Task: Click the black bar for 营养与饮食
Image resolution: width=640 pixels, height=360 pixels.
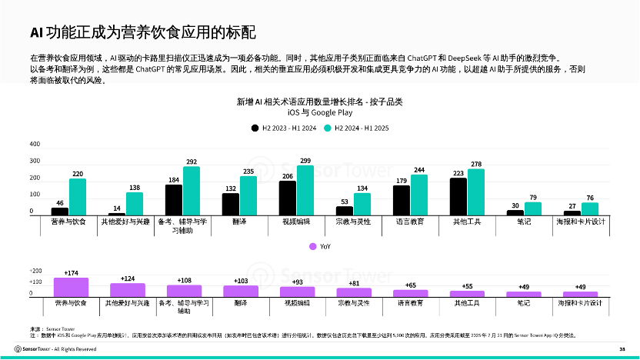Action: (60, 211)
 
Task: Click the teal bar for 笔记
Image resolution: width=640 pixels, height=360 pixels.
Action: (533, 208)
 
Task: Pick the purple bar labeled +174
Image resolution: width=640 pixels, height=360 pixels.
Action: (71, 287)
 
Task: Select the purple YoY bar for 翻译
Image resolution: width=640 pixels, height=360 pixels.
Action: (241, 291)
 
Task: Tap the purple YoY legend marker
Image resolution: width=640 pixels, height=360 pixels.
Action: (313, 246)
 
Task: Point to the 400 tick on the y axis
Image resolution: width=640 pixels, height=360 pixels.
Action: (35, 145)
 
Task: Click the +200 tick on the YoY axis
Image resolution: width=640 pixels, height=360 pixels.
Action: (35, 272)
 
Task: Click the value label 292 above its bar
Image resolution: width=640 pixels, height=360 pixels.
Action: (192, 162)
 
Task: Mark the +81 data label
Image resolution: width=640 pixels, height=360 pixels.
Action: (354, 283)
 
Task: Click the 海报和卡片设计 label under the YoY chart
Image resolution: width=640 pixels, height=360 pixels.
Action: (581, 303)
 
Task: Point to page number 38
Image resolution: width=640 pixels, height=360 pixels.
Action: (622, 349)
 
